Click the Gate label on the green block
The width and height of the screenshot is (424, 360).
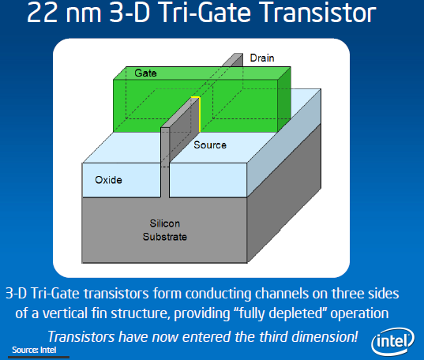pos(144,73)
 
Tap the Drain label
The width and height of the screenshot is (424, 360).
pos(262,58)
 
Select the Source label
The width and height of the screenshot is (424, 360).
pos(210,145)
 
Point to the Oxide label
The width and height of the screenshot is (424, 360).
pos(109,180)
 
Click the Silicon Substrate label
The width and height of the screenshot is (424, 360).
pos(165,229)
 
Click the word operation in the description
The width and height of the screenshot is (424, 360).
pos(358,313)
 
